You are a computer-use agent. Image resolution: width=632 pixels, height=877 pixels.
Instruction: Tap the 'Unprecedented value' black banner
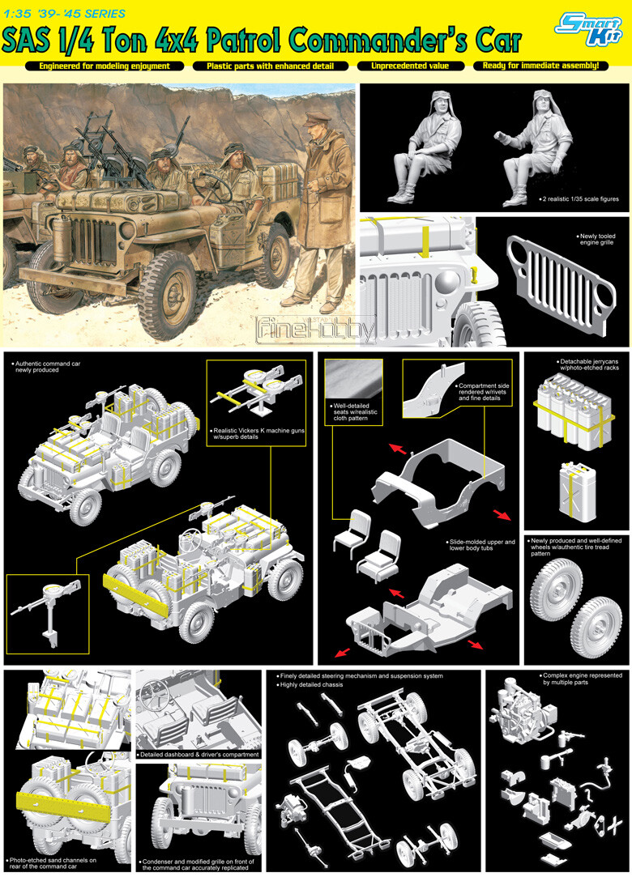click(x=410, y=66)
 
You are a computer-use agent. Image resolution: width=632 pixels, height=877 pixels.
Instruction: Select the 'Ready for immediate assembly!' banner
click(x=540, y=66)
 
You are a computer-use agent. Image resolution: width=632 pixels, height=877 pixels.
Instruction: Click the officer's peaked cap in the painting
click(x=317, y=118)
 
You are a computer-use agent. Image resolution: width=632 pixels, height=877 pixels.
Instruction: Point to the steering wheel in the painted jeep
click(x=213, y=189)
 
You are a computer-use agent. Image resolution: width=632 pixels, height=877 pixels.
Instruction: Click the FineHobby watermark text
click(x=316, y=330)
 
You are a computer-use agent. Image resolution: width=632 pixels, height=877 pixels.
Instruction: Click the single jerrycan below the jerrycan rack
click(x=578, y=491)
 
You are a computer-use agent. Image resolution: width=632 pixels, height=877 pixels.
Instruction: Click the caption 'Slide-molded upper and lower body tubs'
click(x=481, y=545)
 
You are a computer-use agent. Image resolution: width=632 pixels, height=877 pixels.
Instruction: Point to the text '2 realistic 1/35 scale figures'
click(x=579, y=199)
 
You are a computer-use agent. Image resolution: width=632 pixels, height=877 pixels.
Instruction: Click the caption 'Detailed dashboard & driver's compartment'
click(x=199, y=755)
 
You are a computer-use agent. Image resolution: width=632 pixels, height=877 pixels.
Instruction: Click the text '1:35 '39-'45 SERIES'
click(x=64, y=14)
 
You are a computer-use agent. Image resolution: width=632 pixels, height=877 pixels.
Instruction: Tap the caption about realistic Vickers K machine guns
click(x=258, y=434)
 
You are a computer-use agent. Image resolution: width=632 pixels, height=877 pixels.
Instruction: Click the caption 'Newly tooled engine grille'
click(x=596, y=240)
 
